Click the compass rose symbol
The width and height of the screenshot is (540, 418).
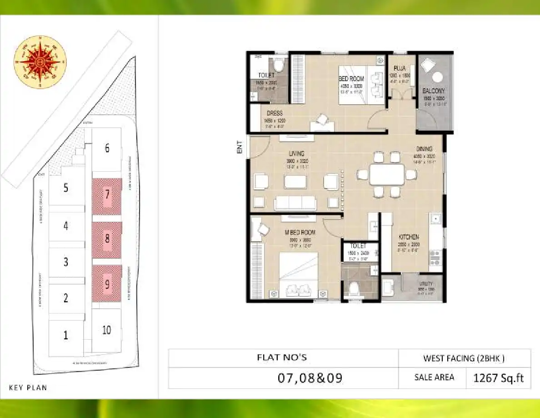pyautogui.click(x=40, y=61)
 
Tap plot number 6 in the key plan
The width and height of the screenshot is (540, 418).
pyautogui.click(x=107, y=148)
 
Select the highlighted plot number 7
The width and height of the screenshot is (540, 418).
pyautogui.click(x=107, y=195)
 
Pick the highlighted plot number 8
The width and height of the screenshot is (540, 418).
pyautogui.click(x=107, y=238)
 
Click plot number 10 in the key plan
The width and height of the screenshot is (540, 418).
pyautogui.click(x=106, y=330)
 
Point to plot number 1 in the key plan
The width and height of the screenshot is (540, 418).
pyautogui.click(x=66, y=336)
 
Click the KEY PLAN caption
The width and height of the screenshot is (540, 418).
pyautogui.click(x=28, y=388)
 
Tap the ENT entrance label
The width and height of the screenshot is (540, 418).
pyautogui.click(x=240, y=147)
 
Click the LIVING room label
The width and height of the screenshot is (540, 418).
pyautogui.click(x=295, y=154)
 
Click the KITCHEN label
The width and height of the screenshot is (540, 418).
pyautogui.click(x=409, y=237)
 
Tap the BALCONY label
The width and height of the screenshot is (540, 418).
pyautogui.click(x=433, y=91)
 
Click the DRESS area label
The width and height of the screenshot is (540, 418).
pyautogui.click(x=275, y=113)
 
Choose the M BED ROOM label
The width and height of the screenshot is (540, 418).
pyautogui.click(x=300, y=233)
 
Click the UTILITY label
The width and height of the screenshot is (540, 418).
pyautogui.click(x=426, y=284)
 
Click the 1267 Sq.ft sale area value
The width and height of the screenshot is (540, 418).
pyautogui.click(x=499, y=378)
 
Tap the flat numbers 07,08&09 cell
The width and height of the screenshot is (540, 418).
pyautogui.click(x=310, y=378)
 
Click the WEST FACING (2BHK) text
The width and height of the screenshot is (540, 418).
pyautogui.click(x=464, y=358)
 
